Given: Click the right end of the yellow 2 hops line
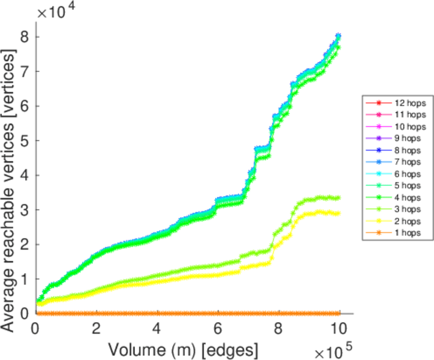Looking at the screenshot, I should (339, 213).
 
